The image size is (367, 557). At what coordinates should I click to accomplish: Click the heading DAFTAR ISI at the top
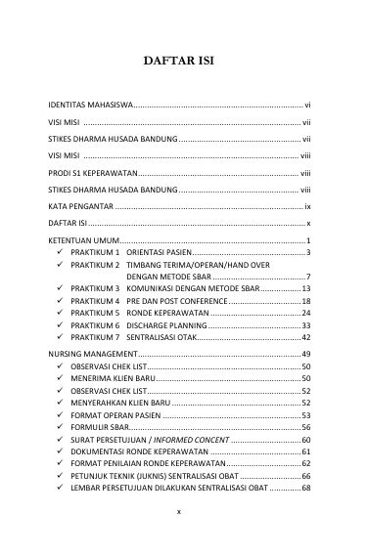(183, 61)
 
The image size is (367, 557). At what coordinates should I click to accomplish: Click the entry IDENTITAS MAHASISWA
(91, 104)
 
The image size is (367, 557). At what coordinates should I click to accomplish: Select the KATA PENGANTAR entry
(81, 206)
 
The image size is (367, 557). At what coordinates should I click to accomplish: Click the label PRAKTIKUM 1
(95, 252)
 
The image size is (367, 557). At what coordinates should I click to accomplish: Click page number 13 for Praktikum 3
(305, 289)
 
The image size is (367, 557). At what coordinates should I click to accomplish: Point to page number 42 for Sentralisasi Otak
(305, 337)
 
